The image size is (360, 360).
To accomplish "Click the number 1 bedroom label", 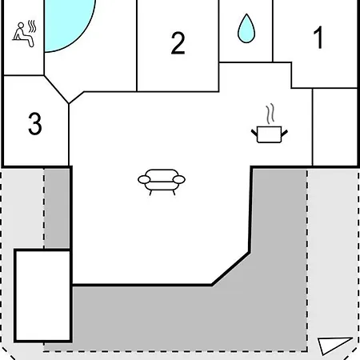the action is tap(318, 38).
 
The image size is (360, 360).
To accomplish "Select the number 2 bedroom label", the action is tap(178, 43).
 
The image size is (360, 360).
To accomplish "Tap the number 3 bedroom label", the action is tap(35, 123).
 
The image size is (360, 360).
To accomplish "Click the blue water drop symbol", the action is tap(246, 28).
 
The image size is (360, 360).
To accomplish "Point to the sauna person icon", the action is tap(24, 34).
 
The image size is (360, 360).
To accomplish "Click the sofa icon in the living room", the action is tap(162, 182).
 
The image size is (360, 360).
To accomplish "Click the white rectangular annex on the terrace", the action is tap(42, 295).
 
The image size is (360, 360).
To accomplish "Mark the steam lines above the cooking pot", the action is tap(270, 114).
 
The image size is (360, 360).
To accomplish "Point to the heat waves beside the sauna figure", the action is tap(32, 26).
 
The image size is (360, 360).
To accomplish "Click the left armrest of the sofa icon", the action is tap(144, 179).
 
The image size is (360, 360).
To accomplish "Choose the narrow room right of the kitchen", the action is tap(334, 127).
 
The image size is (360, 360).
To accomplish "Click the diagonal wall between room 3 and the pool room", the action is tap(56, 90).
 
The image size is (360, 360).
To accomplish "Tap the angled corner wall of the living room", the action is tap(231, 269).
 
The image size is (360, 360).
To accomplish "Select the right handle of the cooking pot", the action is tap(284, 133).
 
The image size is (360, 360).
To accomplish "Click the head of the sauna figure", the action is tap(21, 26).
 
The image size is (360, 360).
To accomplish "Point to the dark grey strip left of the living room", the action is tap(57, 208).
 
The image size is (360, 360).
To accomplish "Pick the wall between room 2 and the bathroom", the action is tap(219, 46).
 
